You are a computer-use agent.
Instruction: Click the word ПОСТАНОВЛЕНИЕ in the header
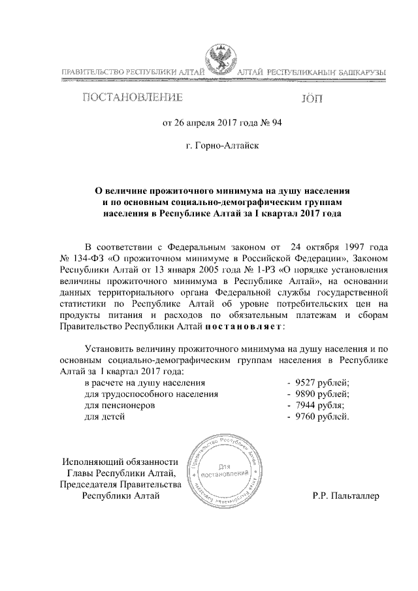[x=131, y=99]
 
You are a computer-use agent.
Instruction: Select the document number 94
[x=275, y=122]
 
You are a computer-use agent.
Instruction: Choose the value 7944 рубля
[x=319, y=405]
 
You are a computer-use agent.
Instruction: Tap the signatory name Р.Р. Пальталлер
[x=346, y=496]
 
